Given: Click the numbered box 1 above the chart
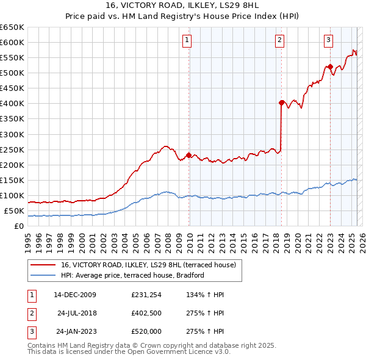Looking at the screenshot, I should click(x=187, y=41).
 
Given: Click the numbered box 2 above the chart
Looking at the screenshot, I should click(x=279, y=41).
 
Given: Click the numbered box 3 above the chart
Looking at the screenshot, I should click(x=328, y=41).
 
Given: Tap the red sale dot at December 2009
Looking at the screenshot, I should click(x=188, y=155).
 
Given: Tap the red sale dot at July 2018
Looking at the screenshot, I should click(x=281, y=103).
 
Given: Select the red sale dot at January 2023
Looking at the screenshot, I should click(x=330, y=67).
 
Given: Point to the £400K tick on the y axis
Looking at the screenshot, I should click(x=12, y=104).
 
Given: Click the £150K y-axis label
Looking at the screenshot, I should click(x=12, y=180).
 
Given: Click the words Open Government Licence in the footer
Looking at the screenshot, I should click(x=179, y=352).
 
